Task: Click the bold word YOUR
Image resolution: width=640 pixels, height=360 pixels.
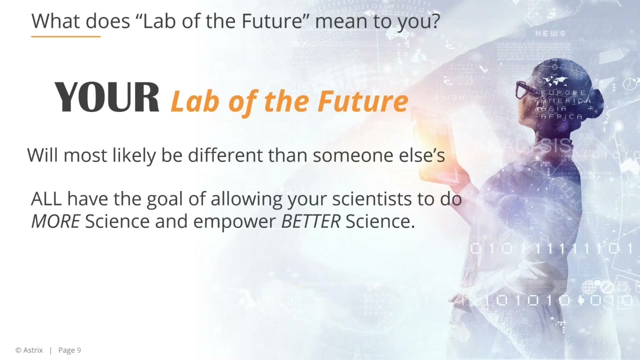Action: (x=106, y=97)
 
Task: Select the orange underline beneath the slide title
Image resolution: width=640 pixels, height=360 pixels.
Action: (x=65, y=36)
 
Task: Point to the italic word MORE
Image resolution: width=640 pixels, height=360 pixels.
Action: (x=55, y=221)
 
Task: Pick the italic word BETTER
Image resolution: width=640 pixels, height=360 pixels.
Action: (x=310, y=221)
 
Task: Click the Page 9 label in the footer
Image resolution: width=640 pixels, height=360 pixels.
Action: (x=69, y=350)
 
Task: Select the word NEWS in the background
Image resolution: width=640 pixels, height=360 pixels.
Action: (x=550, y=33)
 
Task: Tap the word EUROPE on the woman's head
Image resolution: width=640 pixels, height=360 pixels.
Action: (x=563, y=93)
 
